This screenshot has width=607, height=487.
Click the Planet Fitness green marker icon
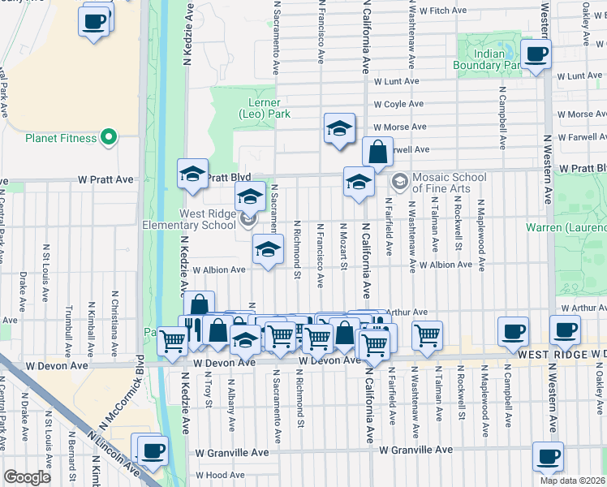(x=108, y=137)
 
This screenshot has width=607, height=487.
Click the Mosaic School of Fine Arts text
(x=449, y=183)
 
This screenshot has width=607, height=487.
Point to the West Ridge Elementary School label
(x=192, y=218)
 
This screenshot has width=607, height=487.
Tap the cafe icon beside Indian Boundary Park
(x=536, y=54)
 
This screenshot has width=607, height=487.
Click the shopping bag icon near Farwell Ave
(x=377, y=151)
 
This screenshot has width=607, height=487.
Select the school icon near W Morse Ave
(x=340, y=127)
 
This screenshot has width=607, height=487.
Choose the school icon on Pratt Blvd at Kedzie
(x=192, y=174)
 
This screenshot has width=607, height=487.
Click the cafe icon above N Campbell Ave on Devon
(x=513, y=331)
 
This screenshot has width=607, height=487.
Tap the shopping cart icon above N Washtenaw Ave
(x=427, y=334)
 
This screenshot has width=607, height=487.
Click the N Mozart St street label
(x=343, y=246)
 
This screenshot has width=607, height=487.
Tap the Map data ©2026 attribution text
(x=571, y=481)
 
